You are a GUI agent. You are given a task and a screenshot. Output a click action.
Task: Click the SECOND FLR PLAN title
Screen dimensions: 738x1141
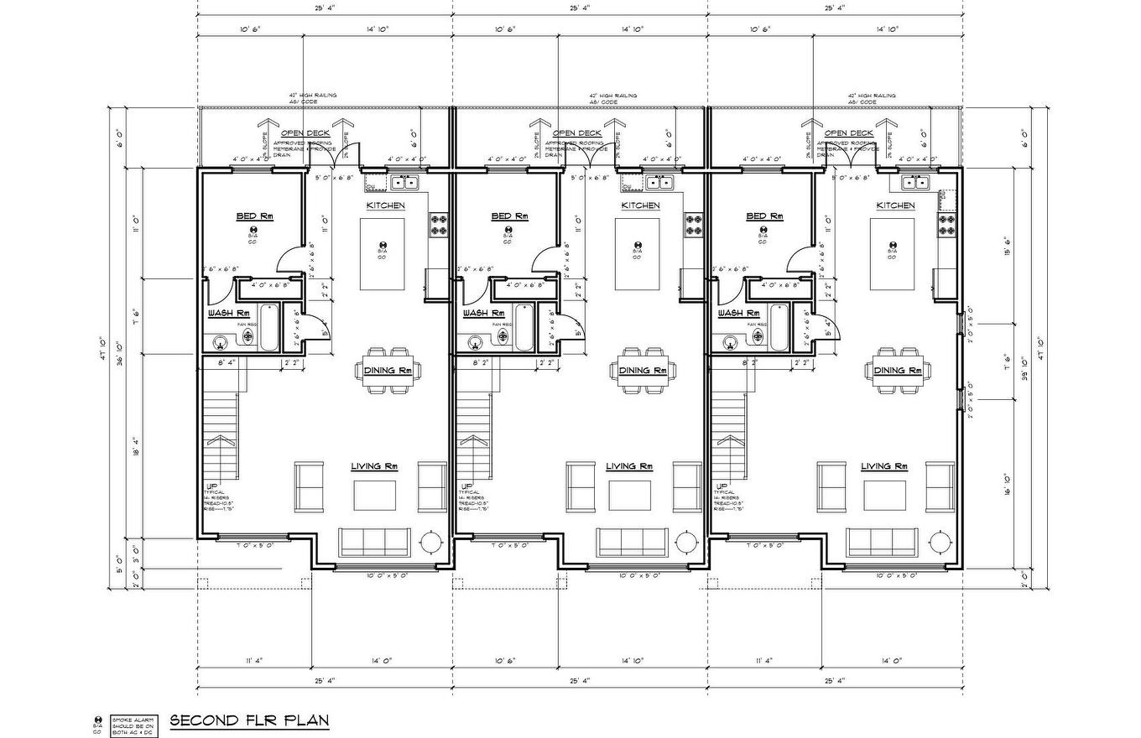point(249,720)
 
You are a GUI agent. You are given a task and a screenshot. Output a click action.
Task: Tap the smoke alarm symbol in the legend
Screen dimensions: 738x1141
point(98,720)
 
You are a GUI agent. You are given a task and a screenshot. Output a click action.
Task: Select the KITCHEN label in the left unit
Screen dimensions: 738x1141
point(385,205)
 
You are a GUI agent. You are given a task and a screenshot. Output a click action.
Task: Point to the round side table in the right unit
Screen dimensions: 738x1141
point(942,543)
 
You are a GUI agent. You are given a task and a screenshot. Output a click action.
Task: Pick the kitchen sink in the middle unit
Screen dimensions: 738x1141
point(662,182)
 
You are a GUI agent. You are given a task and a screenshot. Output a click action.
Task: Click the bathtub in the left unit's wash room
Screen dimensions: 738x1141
point(269,328)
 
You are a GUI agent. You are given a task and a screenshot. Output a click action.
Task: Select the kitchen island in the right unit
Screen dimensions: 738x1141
point(892,254)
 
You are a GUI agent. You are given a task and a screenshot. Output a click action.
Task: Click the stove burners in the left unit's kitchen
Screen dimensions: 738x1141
point(439,225)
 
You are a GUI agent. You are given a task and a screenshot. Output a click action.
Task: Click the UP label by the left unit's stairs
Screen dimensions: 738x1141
point(209,486)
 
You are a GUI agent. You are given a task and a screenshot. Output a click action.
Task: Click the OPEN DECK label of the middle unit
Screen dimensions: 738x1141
point(576,133)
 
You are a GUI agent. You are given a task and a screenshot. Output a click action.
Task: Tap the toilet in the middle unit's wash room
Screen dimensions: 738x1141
point(503,336)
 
